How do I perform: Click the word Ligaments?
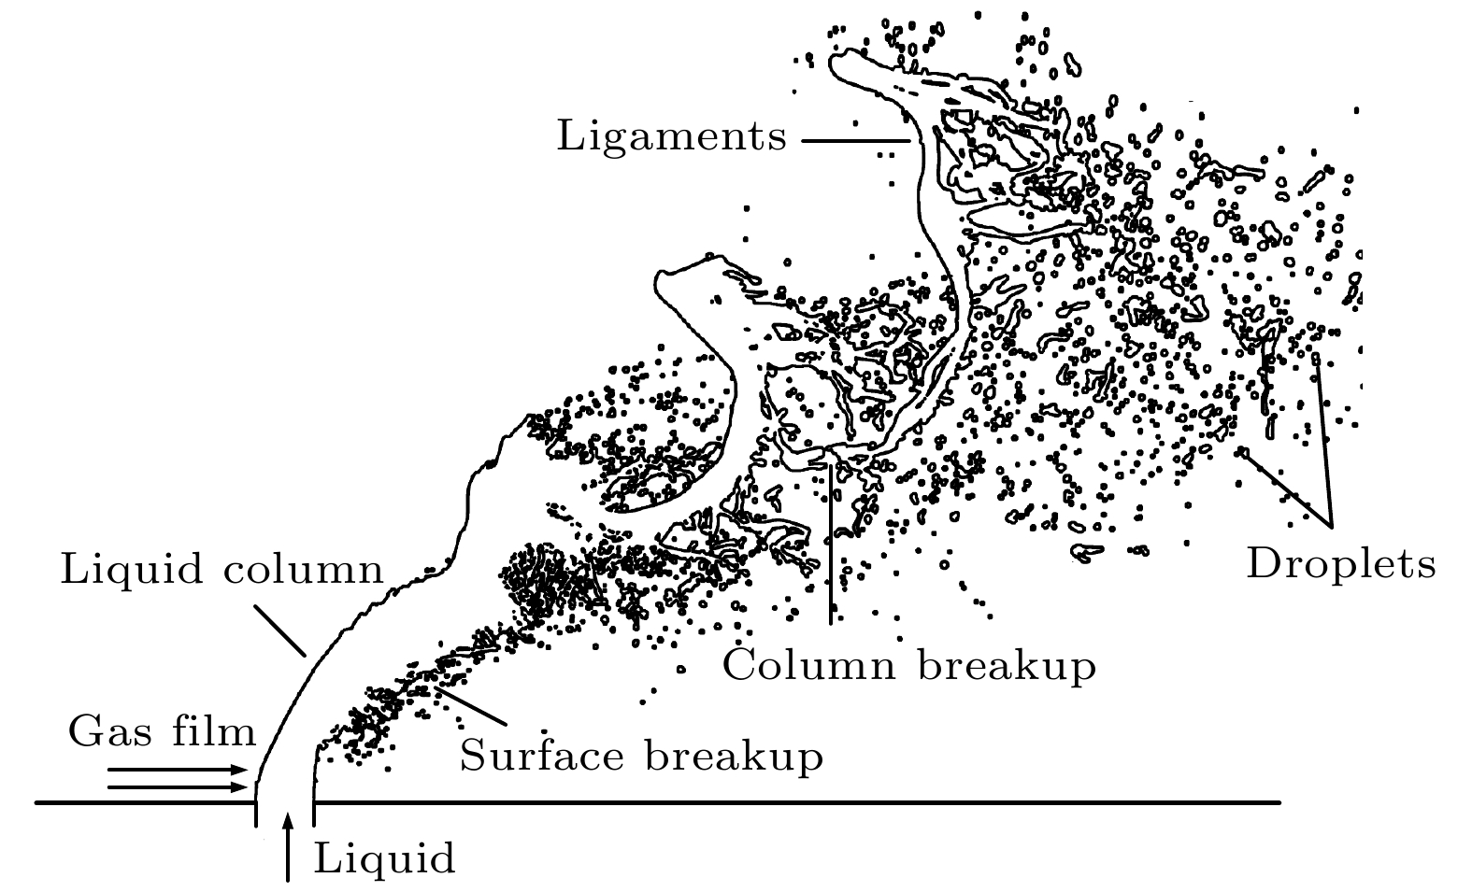671,137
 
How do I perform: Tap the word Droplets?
1340,564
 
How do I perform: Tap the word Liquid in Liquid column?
133,570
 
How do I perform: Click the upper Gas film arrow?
178,771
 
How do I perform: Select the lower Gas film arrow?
178,786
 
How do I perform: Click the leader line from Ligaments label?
855,141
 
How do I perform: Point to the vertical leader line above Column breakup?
830,542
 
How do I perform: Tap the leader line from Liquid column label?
280,631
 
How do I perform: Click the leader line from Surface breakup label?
472,707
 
